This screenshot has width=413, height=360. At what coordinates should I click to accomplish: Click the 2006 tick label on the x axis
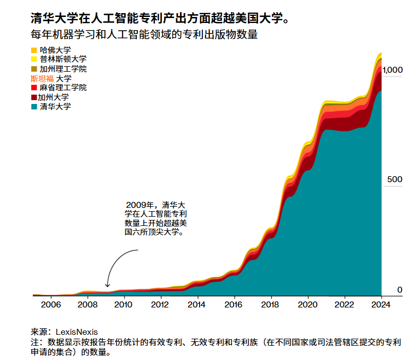(x=50, y=305)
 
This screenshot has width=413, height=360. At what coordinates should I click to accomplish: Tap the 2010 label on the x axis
(x=124, y=305)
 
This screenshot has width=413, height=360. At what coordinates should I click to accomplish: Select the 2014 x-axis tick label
(x=197, y=305)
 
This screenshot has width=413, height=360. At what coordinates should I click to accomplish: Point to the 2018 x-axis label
(x=270, y=305)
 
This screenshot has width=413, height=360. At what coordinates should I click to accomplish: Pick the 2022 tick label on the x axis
(x=344, y=305)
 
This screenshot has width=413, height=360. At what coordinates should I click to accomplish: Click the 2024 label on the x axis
(x=380, y=305)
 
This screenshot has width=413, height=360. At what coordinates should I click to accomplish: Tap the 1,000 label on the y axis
(x=392, y=70)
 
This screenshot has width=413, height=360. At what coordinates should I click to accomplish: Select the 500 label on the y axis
(x=395, y=180)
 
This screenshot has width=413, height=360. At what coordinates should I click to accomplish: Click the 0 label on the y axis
(x=399, y=290)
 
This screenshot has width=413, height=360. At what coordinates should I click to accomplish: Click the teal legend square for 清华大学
(x=34, y=107)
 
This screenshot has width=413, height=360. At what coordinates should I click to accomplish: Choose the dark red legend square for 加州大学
(x=34, y=97)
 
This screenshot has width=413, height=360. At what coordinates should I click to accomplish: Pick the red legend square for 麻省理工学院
(x=34, y=88)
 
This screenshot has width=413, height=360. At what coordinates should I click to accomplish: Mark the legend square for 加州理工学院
(x=34, y=69)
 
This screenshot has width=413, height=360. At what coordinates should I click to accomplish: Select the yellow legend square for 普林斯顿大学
(x=34, y=60)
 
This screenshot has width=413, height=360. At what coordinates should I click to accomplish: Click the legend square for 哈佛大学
(x=34, y=50)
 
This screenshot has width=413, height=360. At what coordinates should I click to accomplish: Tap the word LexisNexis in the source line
(x=75, y=332)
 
